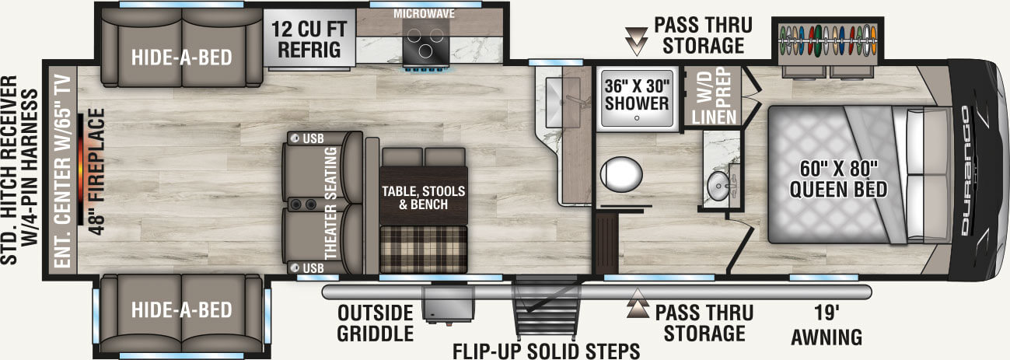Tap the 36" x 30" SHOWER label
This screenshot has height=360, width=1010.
tap(637, 93)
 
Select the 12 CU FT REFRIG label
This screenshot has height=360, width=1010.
tap(306, 40)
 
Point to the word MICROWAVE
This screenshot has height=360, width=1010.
tap(424, 14)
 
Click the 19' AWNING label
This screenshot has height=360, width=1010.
tap(827, 326)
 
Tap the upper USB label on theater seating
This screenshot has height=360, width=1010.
tap(309, 139)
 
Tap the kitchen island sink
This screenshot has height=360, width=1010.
tap(554, 100)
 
